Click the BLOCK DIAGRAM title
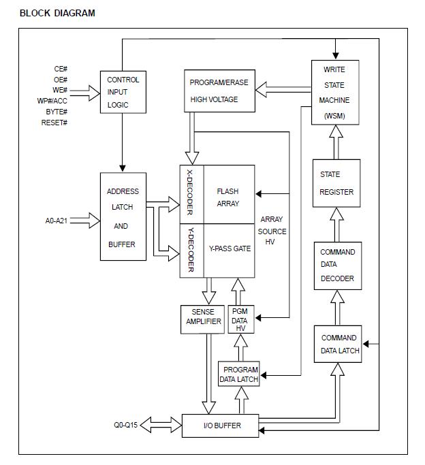pyautogui.click(x=57, y=13)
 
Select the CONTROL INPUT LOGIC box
pyautogui.click(x=123, y=93)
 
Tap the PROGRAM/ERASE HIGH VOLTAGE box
pyautogui.click(x=219, y=91)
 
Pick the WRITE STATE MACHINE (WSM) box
pyautogui.click(x=335, y=91)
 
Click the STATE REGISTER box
pyautogui.click(x=336, y=183)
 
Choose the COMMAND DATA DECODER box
pyautogui.click(x=338, y=266)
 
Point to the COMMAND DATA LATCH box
pyautogui.click(x=339, y=344)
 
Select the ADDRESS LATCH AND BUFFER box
pyautogui.click(x=123, y=217)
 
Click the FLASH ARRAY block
pyautogui.click(x=228, y=197)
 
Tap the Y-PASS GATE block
pyautogui.click(x=230, y=249)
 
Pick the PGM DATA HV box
pyautogui.click(x=240, y=319)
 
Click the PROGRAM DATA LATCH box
pyautogui.click(x=239, y=374)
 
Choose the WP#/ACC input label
pyautogui.click(x=52, y=101)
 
